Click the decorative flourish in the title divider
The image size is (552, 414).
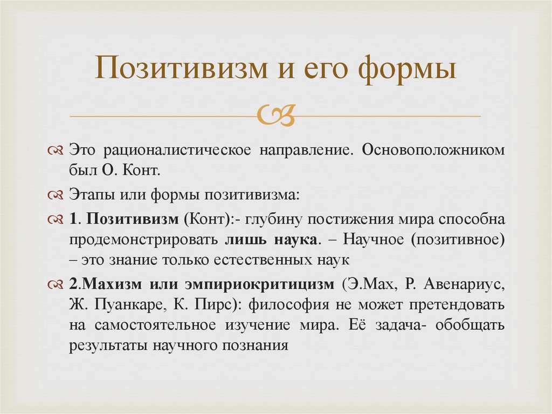tap(275, 116)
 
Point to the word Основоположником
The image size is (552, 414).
tap(433, 150)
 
